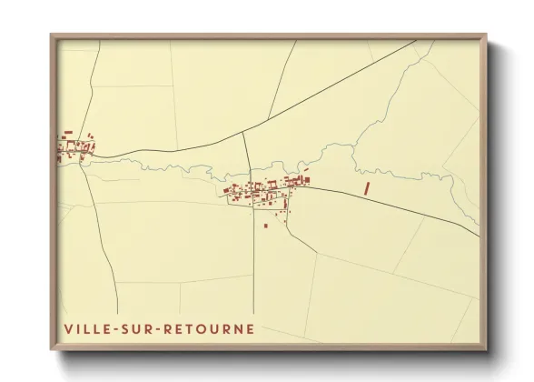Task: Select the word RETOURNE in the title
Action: (208, 328)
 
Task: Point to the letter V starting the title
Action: (68, 328)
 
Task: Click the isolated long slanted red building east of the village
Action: (367, 188)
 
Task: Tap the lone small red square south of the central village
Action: (266, 225)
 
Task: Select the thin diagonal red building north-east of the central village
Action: (306, 170)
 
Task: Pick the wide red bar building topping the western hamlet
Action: (68, 133)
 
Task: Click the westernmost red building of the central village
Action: (224, 192)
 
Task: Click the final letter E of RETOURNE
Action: (251, 328)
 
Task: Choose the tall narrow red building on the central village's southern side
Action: (285, 203)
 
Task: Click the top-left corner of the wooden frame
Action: (52, 35)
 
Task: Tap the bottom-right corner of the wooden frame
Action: (486, 349)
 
